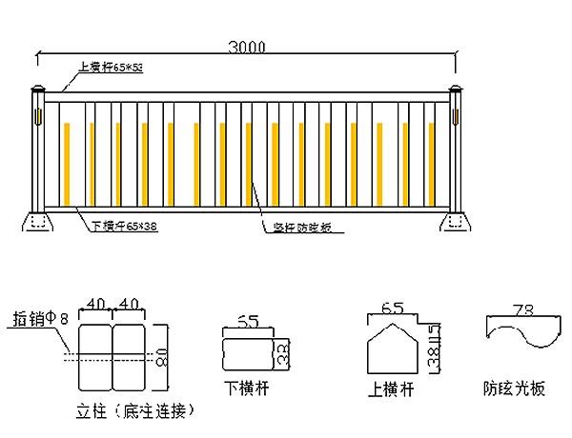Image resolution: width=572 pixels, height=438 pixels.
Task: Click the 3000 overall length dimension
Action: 247,46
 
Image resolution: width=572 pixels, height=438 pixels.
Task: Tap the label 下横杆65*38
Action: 124,227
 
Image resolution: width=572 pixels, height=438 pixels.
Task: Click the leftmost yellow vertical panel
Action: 66,164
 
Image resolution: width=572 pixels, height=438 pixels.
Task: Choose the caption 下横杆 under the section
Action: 243,389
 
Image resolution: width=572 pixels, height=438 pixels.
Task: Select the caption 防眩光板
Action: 514,389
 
